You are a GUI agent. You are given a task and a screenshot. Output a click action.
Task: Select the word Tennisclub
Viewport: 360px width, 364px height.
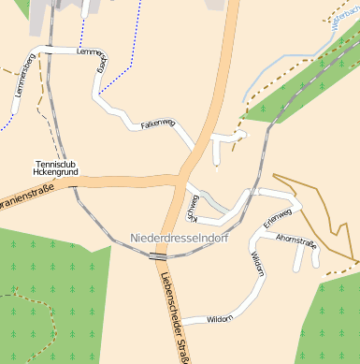coord(55,164)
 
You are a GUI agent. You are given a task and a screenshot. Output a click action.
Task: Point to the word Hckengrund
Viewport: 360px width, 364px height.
coord(55,173)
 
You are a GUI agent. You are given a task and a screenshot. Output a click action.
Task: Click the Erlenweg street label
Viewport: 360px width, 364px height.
coord(278,217)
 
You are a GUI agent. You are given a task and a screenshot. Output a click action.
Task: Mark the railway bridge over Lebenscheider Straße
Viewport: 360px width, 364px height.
coord(158,255)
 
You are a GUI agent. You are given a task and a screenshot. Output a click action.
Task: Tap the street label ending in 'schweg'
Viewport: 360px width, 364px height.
coord(194,208)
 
